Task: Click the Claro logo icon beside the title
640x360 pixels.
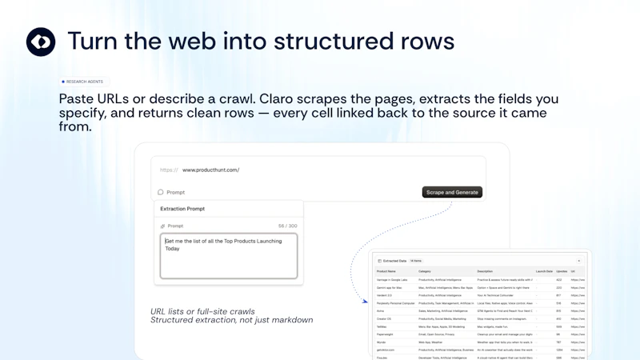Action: (x=41, y=42)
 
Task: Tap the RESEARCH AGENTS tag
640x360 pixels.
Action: (x=83, y=82)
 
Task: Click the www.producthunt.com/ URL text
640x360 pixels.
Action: (x=210, y=170)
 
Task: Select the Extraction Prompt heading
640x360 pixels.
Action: (x=182, y=209)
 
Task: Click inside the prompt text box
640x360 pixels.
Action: (x=228, y=256)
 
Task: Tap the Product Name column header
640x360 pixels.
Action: (x=387, y=271)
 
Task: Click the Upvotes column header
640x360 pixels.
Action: (x=561, y=271)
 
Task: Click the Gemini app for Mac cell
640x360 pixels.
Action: (x=391, y=287)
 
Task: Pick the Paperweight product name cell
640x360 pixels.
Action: (x=388, y=334)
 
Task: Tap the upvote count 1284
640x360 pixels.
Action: (x=560, y=350)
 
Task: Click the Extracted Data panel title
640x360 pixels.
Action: (x=394, y=261)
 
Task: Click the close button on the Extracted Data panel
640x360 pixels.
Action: (x=578, y=261)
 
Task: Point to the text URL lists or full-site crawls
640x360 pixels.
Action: (x=202, y=311)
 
